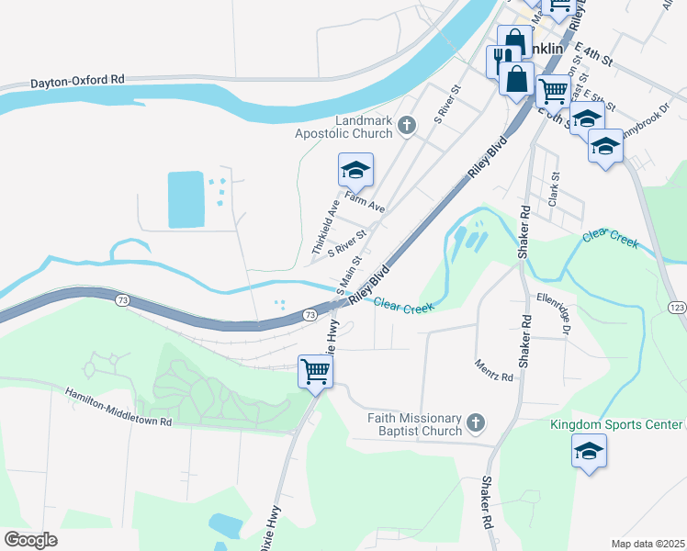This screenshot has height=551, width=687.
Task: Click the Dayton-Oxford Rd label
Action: [77, 80]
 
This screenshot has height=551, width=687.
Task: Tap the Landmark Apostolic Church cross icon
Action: [409, 125]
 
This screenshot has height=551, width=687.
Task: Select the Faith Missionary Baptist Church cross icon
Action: [475, 423]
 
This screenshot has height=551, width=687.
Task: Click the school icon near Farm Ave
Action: [355, 170]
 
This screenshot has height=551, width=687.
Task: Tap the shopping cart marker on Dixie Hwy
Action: [315, 371]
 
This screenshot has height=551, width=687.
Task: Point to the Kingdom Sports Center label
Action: [616, 424]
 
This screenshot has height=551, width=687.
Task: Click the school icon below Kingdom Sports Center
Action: [589, 451]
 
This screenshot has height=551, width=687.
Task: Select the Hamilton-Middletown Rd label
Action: [118, 408]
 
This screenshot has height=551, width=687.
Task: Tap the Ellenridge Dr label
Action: [556, 314]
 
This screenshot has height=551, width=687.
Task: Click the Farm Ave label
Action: [366, 203]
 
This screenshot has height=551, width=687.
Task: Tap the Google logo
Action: [30, 540]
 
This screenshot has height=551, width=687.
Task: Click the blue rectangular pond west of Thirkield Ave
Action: [187, 199]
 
